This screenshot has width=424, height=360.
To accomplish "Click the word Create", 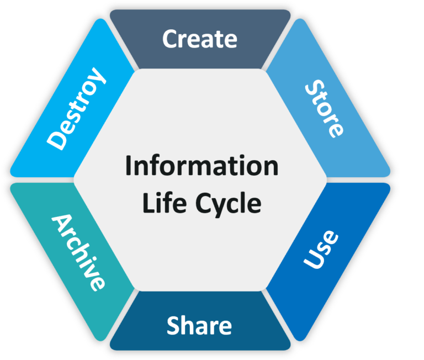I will point(199,39).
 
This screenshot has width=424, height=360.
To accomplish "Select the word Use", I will point(321,250).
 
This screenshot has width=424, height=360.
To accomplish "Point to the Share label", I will point(199,326).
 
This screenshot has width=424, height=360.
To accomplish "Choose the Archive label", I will point(78,252).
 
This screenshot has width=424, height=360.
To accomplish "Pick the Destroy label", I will point(76,108).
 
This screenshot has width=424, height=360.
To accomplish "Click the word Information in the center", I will point(202,166).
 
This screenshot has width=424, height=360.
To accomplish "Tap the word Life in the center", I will point(161,203).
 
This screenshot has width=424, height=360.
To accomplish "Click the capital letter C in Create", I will point(171,39).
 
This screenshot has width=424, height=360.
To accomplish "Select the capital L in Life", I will point(146,203).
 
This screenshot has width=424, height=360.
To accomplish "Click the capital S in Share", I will point(173,326).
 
